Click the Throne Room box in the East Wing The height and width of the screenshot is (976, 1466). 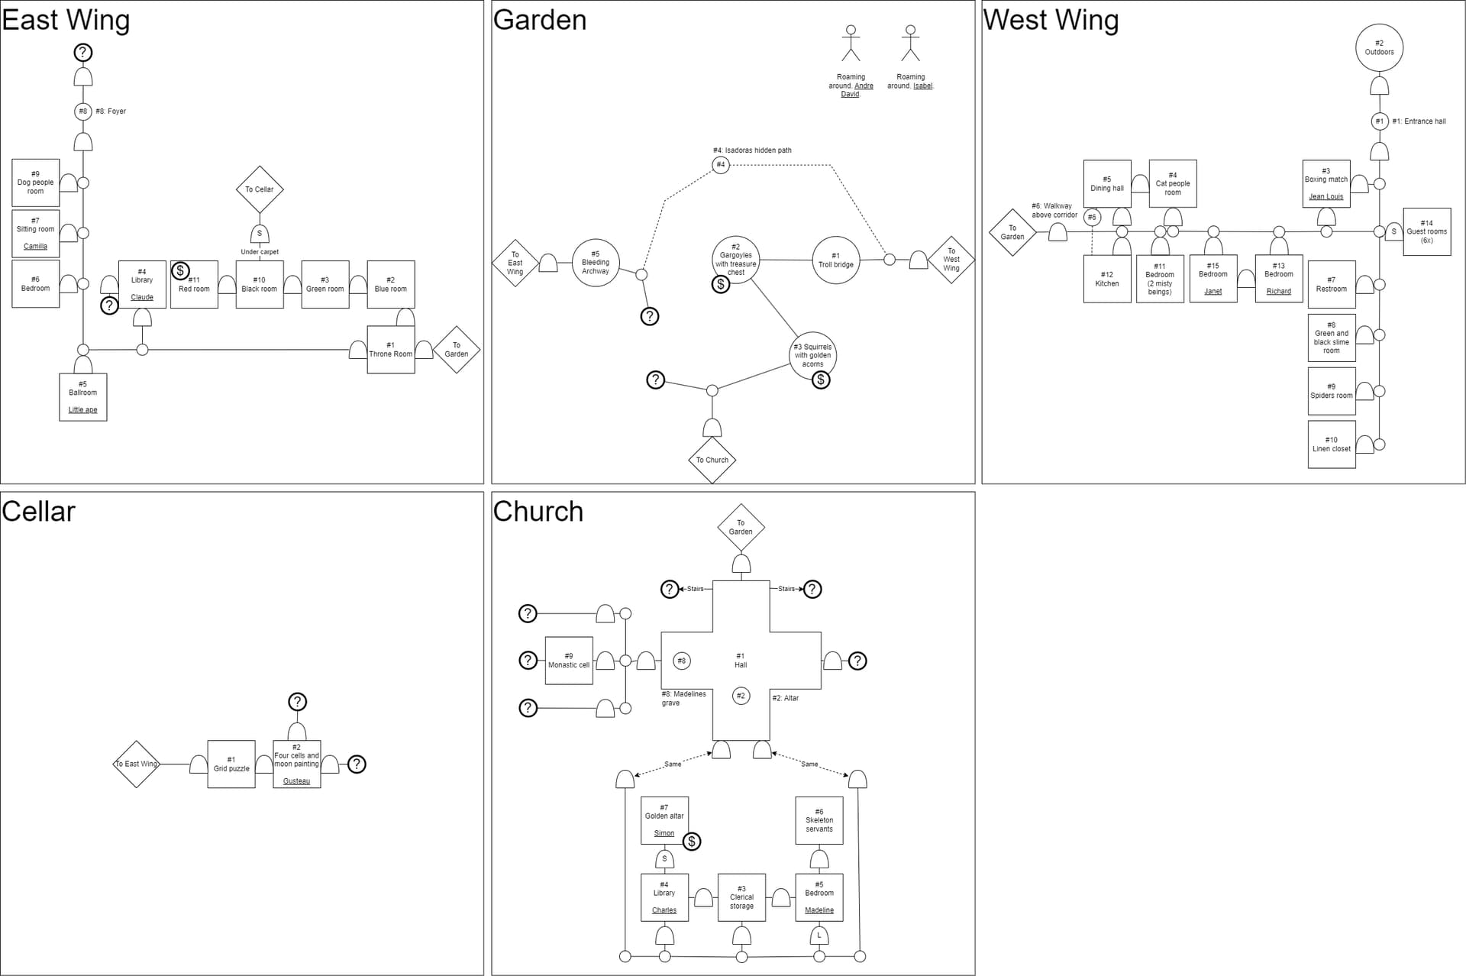(390, 350)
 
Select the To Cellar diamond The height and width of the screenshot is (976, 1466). (260, 189)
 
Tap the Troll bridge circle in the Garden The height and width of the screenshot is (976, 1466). (835, 260)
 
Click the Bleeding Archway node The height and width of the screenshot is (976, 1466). (596, 263)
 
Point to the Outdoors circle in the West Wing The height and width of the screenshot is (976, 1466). (1379, 48)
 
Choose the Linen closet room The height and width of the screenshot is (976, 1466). (1331, 444)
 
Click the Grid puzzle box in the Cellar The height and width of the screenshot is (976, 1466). (231, 764)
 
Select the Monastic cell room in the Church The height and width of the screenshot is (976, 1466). (569, 661)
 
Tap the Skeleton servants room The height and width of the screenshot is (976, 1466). (819, 820)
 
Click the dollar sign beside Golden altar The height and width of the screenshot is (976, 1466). (691, 842)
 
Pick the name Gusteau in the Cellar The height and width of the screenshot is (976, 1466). (296, 781)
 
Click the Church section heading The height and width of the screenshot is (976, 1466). (538, 512)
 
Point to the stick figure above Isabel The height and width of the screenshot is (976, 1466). (909, 43)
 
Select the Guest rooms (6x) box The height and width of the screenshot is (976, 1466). (1426, 231)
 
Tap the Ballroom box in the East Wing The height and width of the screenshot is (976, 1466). (83, 397)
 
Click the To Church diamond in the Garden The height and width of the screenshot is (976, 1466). (712, 460)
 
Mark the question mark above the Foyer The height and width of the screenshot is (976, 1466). (83, 53)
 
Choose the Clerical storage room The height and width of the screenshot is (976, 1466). (741, 897)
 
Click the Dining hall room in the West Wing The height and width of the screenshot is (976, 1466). (1106, 184)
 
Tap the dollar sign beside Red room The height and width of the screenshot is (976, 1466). (180, 270)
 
